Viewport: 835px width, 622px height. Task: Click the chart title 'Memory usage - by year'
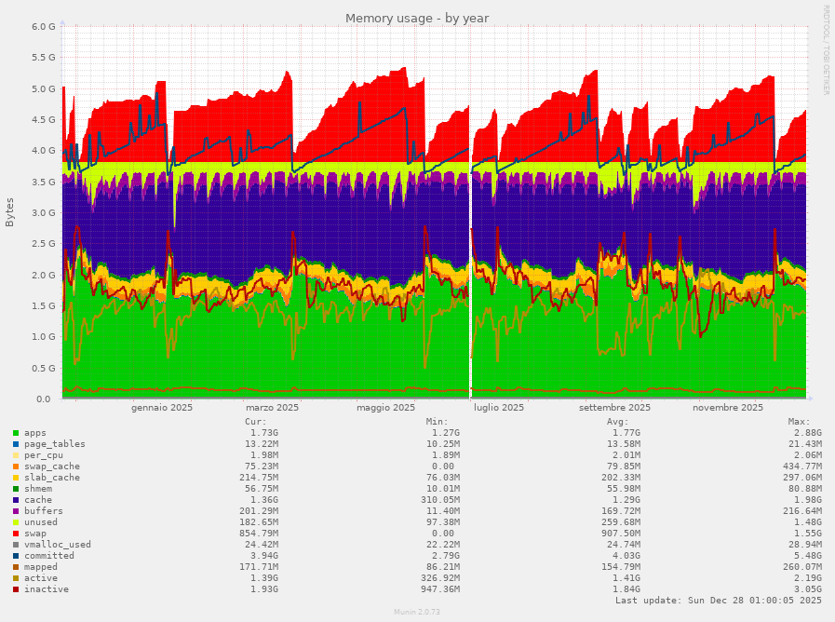point(416,19)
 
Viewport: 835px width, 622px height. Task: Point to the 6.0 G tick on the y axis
point(44,27)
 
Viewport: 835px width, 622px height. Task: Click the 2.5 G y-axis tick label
point(44,244)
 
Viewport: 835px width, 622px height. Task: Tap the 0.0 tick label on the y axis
point(49,399)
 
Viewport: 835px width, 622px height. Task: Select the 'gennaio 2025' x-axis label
point(162,408)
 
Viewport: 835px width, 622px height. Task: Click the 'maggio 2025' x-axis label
point(385,408)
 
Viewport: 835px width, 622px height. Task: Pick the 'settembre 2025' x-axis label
point(614,408)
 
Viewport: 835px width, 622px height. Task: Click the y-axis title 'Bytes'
point(10,212)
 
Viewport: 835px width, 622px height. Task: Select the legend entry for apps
point(35,433)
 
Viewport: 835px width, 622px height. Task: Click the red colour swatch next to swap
point(16,534)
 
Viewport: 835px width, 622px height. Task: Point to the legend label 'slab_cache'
point(52,478)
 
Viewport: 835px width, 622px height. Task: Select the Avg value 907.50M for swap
point(620,534)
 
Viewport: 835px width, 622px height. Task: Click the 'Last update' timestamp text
point(719,601)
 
